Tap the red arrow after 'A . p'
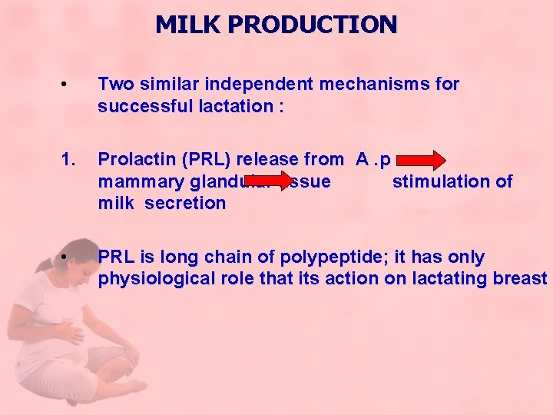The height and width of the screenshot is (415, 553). coord(421,161)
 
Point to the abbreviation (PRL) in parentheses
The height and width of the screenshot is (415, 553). coord(210,160)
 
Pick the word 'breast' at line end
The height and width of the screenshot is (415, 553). coord(519,278)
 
